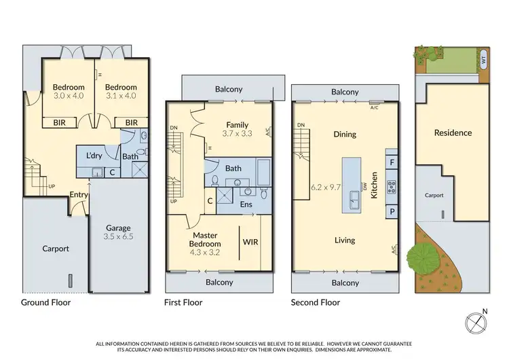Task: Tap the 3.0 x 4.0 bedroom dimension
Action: pyautogui.click(x=69, y=96)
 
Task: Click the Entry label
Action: pyautogui.click(x=79, y=195)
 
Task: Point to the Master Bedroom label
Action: pyautogui.click(x=205, y=239)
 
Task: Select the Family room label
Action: pyautogui.click(x=237, y=124)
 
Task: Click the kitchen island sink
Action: pyautogui.click(x=354, y=198)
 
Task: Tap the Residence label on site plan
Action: pyautogui.click(x=453, y=132)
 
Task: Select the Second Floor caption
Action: pyautogui.click(x=316, y=302)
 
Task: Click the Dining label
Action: pyautogui.click(x=345, y=134)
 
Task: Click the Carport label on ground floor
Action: pyautogui.click(x=56, y=249)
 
